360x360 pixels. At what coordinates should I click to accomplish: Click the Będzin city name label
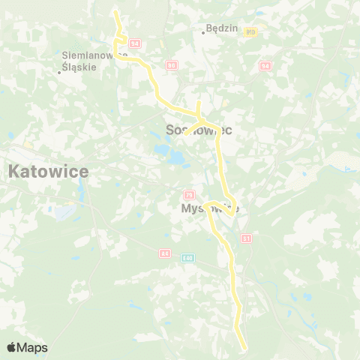pos(223,28)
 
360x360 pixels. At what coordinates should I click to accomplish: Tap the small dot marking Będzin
pos(204,32)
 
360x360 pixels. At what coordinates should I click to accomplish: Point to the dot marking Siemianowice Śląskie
pos(59,73)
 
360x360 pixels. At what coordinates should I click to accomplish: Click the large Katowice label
pos(48,171)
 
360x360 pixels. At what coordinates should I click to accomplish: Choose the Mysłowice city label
pos(210,208)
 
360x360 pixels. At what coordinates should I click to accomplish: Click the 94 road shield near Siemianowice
pos(135,44)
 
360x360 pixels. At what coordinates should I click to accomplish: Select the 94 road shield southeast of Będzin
pos(265,66)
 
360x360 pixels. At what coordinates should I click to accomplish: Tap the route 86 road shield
pos(172,65)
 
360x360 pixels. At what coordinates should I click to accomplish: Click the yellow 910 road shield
pos(250,32)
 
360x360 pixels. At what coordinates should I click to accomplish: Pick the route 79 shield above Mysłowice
pos(189,195)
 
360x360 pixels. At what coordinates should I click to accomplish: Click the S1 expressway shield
pos(246,238)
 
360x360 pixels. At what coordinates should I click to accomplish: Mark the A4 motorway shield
pos(164,253)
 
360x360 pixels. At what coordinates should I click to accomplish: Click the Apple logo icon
pos(12,347)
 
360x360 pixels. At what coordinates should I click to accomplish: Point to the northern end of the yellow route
pos(115,13)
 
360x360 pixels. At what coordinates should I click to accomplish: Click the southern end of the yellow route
pos(244,346)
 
